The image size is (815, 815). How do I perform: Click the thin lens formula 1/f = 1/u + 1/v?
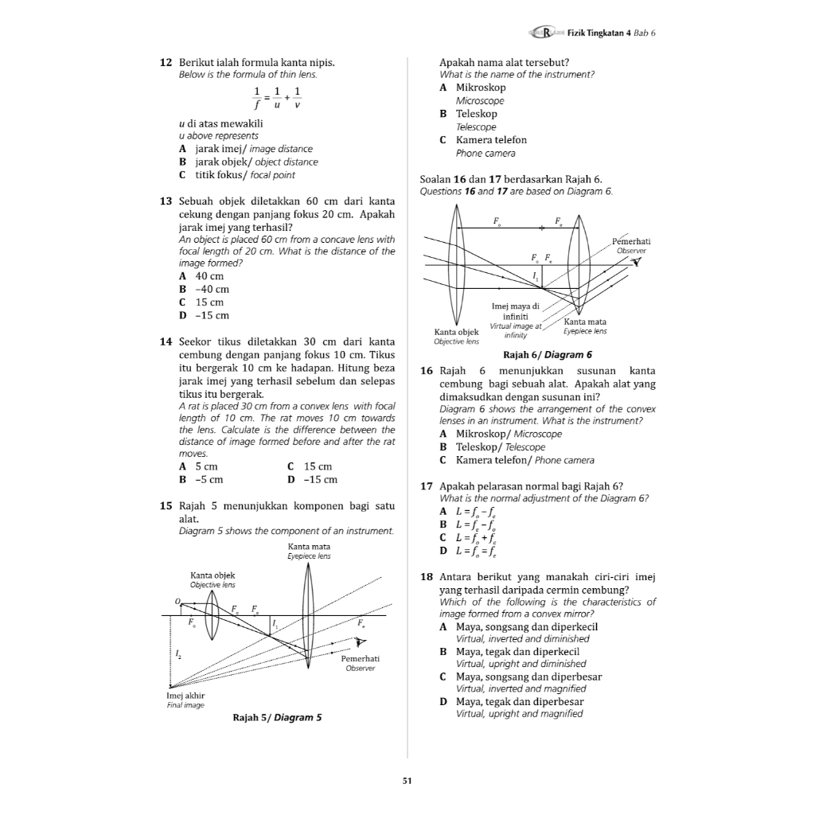(x=277, y=98)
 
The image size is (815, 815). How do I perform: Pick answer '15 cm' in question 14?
(x=318, y=466)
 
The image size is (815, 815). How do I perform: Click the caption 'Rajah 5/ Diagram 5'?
(x=277, y=717)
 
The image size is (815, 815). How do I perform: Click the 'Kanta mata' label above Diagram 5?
(x=309, y=547)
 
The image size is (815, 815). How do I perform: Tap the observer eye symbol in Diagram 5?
(x=361, y=641)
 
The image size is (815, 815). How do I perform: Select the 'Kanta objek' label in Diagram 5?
(x=213, y=575)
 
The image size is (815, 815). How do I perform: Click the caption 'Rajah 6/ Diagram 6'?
(x=548, y=355)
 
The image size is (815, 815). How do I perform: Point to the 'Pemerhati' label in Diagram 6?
(x=631, y=241)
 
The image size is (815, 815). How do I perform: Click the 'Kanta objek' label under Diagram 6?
(x=456, y=332)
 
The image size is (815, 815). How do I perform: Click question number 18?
(x=425, y=577)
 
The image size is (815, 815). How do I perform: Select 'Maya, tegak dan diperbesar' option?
(x=519, y=702)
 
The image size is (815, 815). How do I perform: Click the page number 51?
(x=407, y=781)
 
